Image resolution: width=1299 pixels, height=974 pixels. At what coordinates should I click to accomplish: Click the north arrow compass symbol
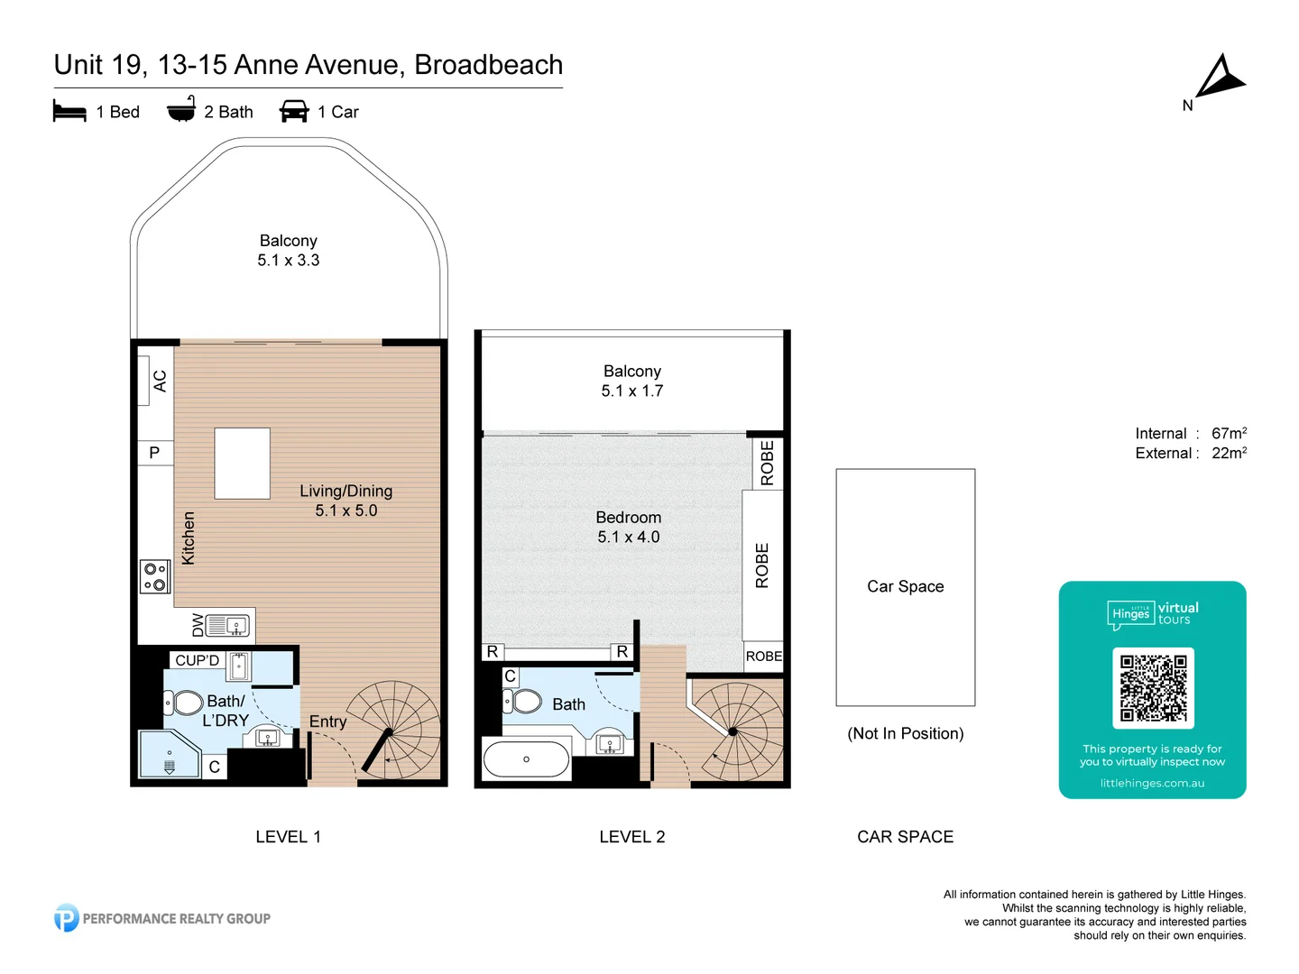pos(1219,78)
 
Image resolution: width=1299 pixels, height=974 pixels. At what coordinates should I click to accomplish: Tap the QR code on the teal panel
pos(1153,688)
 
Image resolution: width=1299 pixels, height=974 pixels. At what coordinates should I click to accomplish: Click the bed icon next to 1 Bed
pos(69,112)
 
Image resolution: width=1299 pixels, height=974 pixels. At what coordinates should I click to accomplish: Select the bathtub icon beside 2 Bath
pos(181,109)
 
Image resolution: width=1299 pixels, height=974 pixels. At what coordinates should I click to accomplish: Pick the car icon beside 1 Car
pos(294,112)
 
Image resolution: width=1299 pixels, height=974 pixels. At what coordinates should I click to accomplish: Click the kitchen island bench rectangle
pos(242,464)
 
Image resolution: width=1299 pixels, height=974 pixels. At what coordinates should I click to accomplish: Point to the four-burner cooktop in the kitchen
pos(155,577)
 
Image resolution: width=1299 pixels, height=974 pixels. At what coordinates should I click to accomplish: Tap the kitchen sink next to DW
pos(227,625)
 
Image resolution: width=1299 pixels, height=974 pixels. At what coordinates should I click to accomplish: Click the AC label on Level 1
pos(160,381)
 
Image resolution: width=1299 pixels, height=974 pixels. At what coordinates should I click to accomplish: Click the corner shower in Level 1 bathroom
pos(169,754)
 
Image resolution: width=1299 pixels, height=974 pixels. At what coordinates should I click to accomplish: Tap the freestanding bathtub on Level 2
pos(526,759)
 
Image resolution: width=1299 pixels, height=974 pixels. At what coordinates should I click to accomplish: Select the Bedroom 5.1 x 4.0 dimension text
pos(629,538)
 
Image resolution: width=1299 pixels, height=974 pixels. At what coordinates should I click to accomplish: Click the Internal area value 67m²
pos(1229,434)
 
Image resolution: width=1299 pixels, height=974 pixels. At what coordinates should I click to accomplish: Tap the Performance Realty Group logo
pos(162,918)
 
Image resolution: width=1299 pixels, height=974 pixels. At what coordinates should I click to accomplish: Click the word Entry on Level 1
pos(327,721)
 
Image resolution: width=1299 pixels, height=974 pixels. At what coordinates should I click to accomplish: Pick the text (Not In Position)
pos(905,733)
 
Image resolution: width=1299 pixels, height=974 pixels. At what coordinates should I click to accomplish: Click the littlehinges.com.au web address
pos(1152,783)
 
